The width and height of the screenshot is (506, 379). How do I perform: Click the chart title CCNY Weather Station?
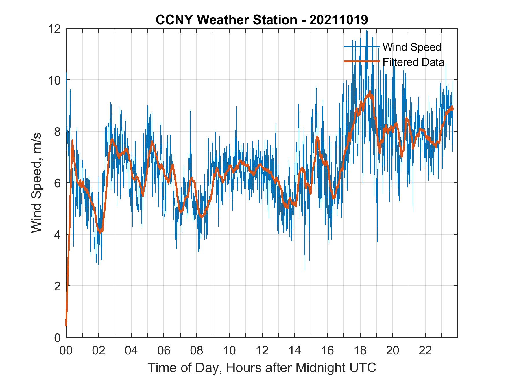[x=262, y=20]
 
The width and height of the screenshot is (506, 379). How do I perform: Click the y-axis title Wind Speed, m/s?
[x=37, y=183]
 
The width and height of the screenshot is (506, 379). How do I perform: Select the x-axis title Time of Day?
[x=262, y=367]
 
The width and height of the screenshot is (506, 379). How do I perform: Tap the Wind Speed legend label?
[x=412, y=47]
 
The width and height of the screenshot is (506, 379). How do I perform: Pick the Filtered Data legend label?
[x=413, y=62]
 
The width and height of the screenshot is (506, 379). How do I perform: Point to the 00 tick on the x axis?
[x=66, y=351]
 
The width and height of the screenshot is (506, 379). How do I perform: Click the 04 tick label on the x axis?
[x=131, y=351]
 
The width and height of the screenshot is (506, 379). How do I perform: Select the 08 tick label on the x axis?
[x=197, y=351]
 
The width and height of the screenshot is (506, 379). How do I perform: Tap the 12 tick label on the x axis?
[x=262, y=351]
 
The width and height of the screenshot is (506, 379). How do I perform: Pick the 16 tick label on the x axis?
[x=327, y=351]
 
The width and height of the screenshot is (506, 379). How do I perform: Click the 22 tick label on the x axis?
[x=425, y=351]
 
